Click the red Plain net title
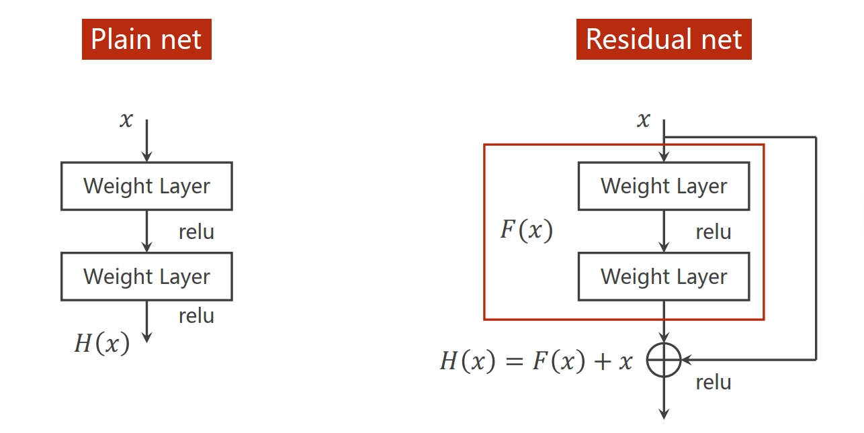(x=146, y=39)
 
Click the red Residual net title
(x=664, y=39)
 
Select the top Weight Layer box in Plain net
(x=146, y=186)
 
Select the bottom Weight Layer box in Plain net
(x=146, y=277)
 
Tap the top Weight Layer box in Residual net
(x=664, y=186)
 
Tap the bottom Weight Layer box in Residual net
(x=664, y=277)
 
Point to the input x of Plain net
(x=126, y=120)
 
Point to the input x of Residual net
(x=644, y=120)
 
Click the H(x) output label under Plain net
(x=101, y=343)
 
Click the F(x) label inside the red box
(x=527, y=230)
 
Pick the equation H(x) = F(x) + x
(x=536, y=361)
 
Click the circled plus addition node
(x=664, y=360)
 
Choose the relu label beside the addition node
(x=714, y=382)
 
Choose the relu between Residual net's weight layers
(x=714, y=232)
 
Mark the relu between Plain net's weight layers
(x=196, y=232)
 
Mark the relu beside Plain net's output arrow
(x=196, y=316)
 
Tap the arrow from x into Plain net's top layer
(x=146, y=142)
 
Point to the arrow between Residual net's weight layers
(x=664, y=232)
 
